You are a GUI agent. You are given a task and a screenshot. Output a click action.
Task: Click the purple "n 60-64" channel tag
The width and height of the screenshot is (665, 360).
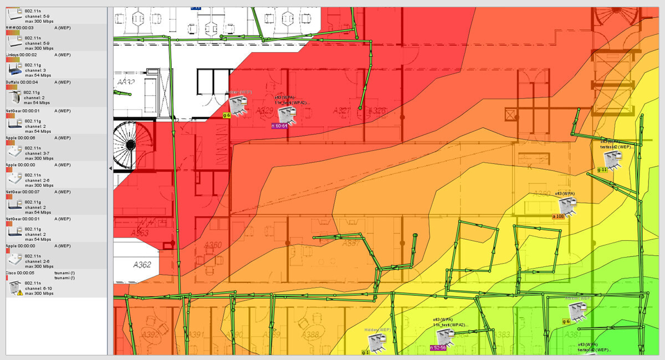click(279, 126)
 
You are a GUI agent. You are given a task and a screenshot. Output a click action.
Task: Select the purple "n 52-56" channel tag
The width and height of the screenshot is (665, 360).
click(438, 347)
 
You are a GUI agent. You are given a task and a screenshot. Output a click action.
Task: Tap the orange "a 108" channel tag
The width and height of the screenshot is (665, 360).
click(557, 216)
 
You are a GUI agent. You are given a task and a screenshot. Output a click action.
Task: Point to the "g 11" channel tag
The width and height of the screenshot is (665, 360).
click(602, 169)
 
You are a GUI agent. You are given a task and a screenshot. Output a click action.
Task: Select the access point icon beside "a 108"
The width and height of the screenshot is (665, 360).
click(569, 206)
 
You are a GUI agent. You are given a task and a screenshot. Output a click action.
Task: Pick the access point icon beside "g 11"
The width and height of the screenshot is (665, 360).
click(613, 160)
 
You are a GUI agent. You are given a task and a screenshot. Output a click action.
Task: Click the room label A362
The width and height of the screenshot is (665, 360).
click(142, 265)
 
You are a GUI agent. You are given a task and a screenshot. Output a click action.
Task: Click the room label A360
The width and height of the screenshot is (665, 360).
click(213, 245)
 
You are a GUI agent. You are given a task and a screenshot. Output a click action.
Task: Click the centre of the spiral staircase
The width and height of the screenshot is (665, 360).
click(130, 145)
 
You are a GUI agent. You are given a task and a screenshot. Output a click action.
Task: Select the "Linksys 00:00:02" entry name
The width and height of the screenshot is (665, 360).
click(21, 55)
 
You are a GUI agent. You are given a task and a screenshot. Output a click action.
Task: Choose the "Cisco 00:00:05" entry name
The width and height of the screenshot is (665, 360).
click(20, 272)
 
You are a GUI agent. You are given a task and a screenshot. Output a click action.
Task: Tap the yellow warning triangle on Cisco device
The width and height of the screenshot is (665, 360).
click(20, 292)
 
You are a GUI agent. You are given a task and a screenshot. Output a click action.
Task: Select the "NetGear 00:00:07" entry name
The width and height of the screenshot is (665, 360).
click(21, 192)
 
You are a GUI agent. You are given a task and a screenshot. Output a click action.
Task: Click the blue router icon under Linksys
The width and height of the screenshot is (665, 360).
click(14, 69)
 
